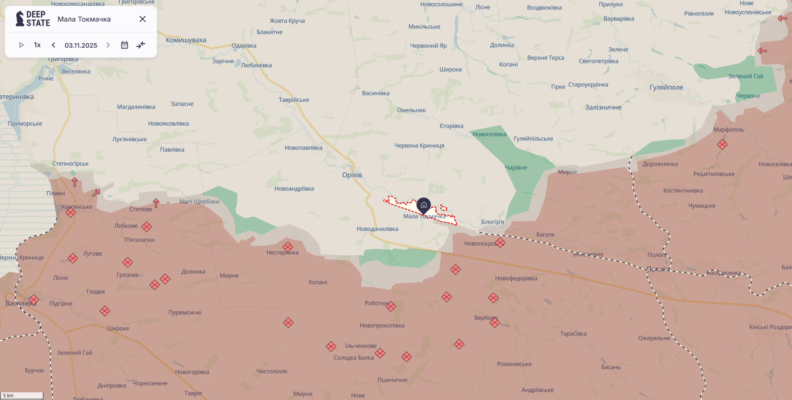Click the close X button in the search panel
(143, 19)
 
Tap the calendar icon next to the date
(125, 45)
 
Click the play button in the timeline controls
(21, 45)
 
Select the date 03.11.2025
(81, 45)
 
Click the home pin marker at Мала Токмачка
(424, 206)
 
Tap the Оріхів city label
(352, 175)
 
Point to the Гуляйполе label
(666, 87)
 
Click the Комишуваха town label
(186, 40)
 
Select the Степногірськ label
(71, 163)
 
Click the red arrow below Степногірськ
(75, 182)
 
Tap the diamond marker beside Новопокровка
(500, 243)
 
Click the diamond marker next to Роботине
(391, 306)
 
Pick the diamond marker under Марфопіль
(722, 144)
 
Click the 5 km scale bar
(22, 396)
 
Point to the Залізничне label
(603, 108)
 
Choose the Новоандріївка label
(294, 189)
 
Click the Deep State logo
(32, 19)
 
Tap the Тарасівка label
(573, 333)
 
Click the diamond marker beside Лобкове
(147, 226)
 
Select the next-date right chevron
(108, 45)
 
